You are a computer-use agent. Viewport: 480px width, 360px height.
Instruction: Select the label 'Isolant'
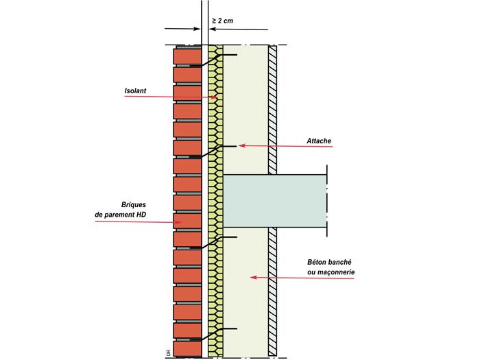(x=135, y=90)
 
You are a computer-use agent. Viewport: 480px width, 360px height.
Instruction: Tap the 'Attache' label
(x=319, y=141)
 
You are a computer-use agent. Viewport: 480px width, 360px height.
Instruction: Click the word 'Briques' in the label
(x=133, y=204)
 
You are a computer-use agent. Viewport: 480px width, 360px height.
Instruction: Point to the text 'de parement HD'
(x=121, y=215)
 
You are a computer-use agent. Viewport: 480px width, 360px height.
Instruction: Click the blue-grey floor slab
(x=274, y=201)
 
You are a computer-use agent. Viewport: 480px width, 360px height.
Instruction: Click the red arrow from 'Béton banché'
(x=281, y=277)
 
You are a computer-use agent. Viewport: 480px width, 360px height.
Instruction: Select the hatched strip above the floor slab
(x=272, y=110)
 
